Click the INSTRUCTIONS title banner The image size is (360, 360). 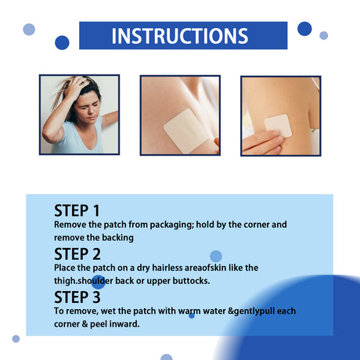[x=179, y=36]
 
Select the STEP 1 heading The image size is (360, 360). [x=77, y=211]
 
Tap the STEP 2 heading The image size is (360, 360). [x=77, y=254]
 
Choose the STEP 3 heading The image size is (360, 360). [x=77, y=297]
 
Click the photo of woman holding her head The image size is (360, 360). [x=79, y=114]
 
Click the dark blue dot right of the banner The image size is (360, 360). [x=304, y=29]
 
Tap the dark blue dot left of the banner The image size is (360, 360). [x=62, y=42]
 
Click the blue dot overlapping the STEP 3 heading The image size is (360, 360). [x=99, y=282]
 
